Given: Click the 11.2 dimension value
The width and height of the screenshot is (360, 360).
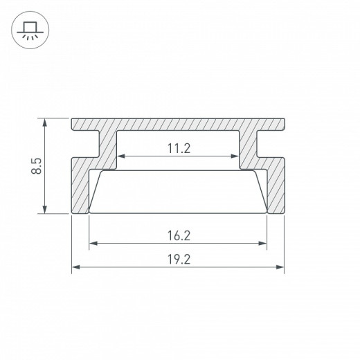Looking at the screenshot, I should [179, 147].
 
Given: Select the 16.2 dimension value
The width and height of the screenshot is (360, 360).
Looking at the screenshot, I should [179, 235].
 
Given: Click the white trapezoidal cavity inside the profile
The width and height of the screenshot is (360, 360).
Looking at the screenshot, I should [179, 190].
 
